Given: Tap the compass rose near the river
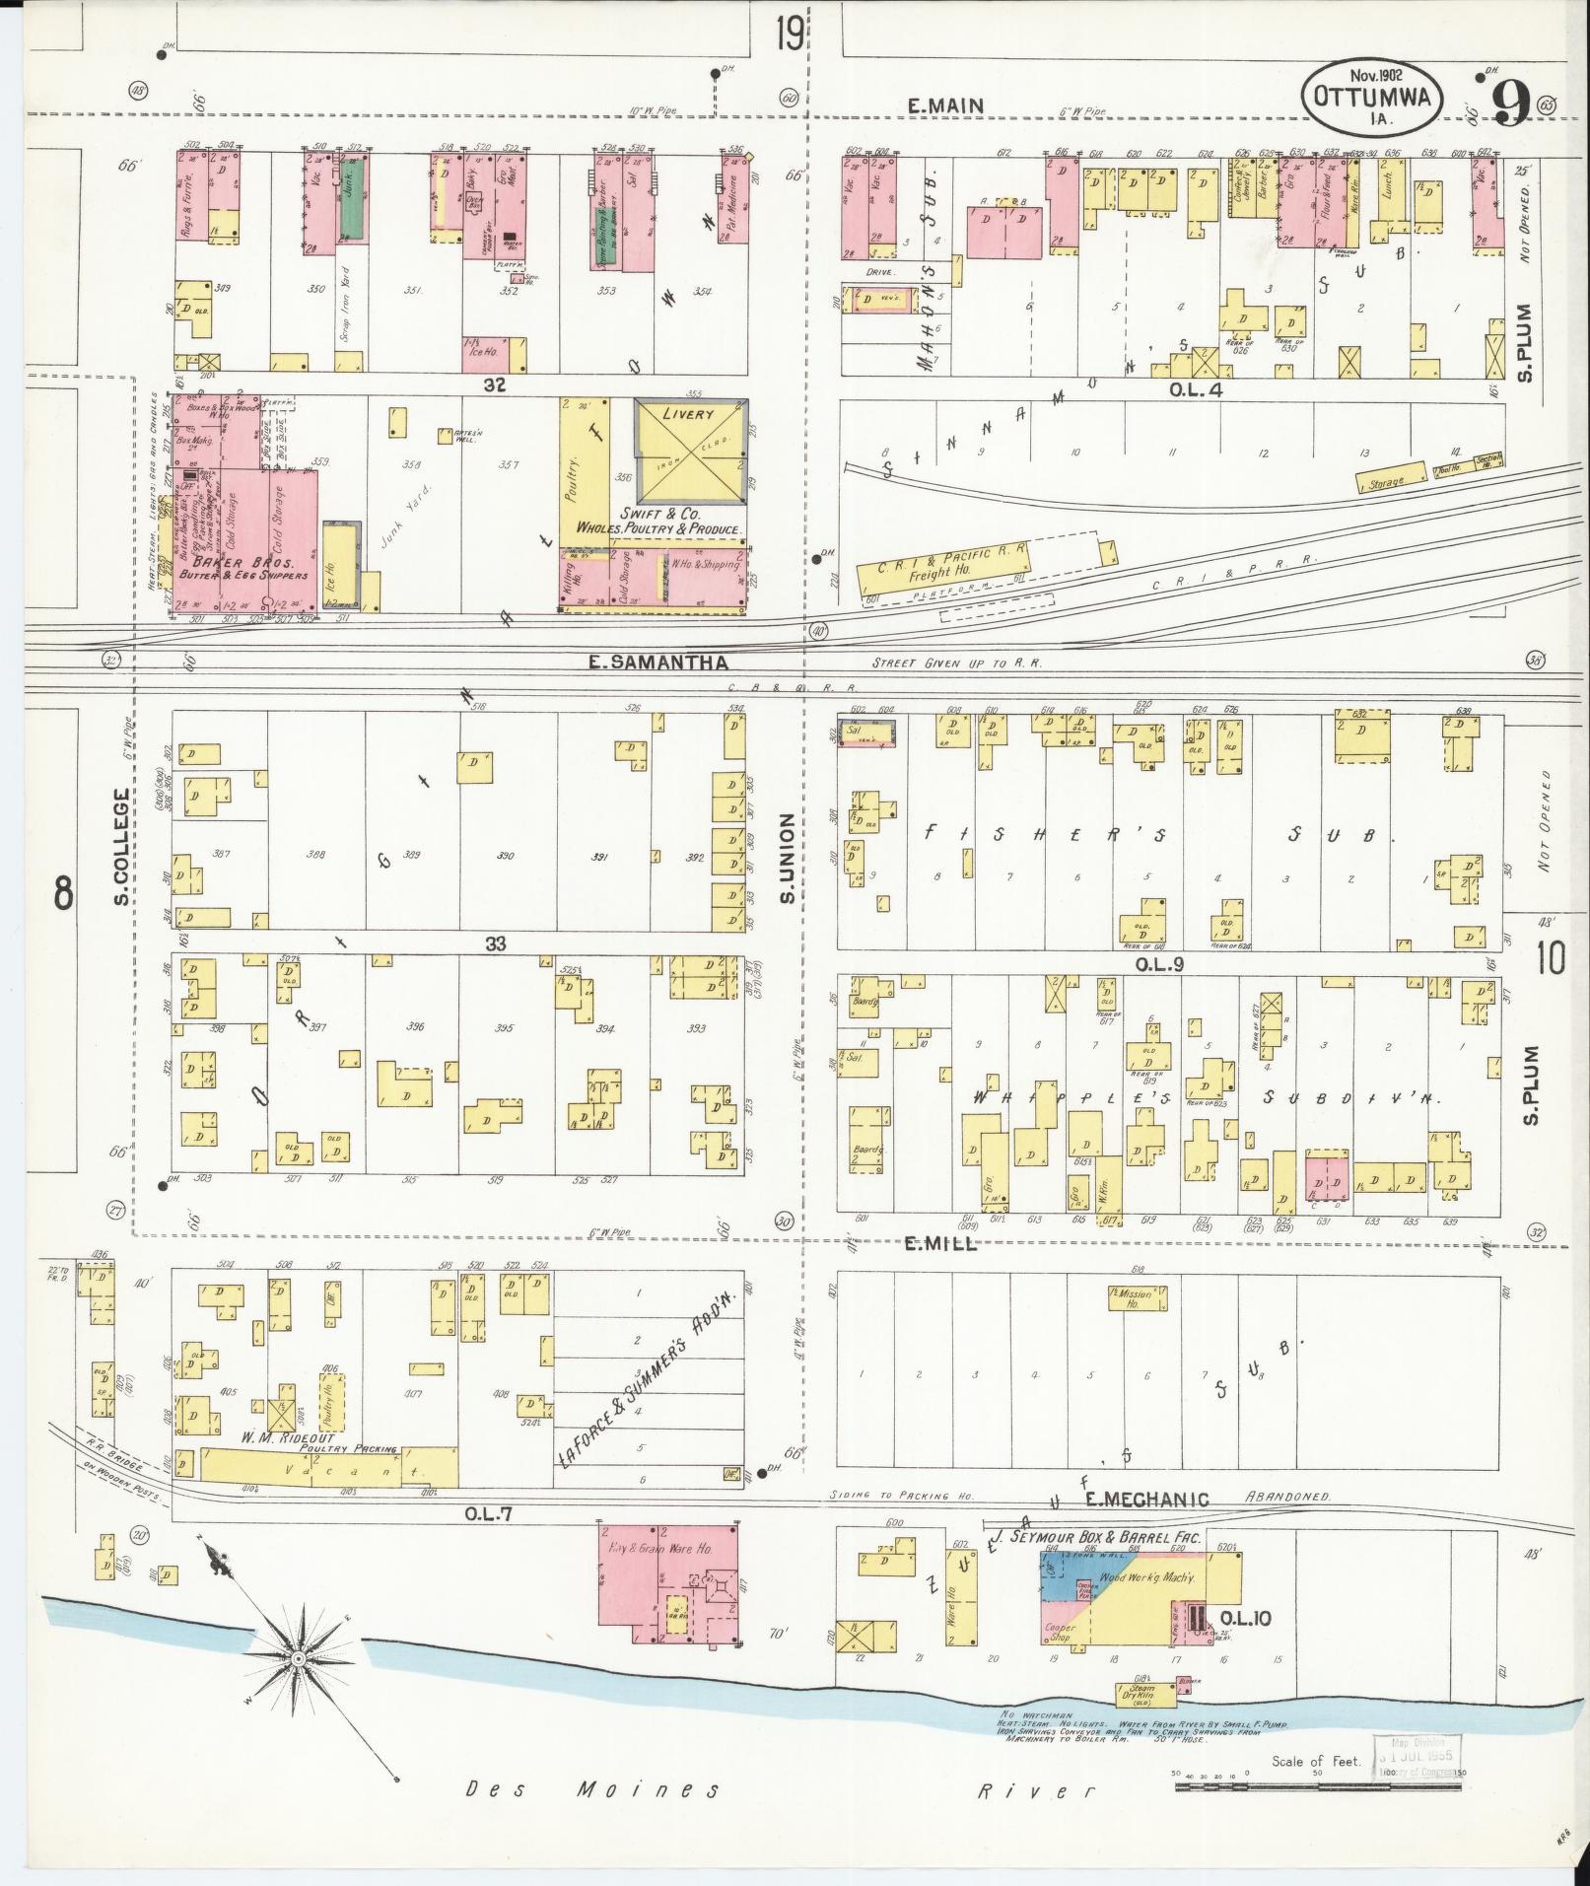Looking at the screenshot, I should click(296, 1658).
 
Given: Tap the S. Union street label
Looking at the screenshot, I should click(787, 858).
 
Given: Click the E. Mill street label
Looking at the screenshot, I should click(941, 1244).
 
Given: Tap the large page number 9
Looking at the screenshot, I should click(1510, 104).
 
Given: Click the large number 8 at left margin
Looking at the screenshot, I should click(63, 894).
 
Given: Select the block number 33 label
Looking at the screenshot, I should click(495, 943).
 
